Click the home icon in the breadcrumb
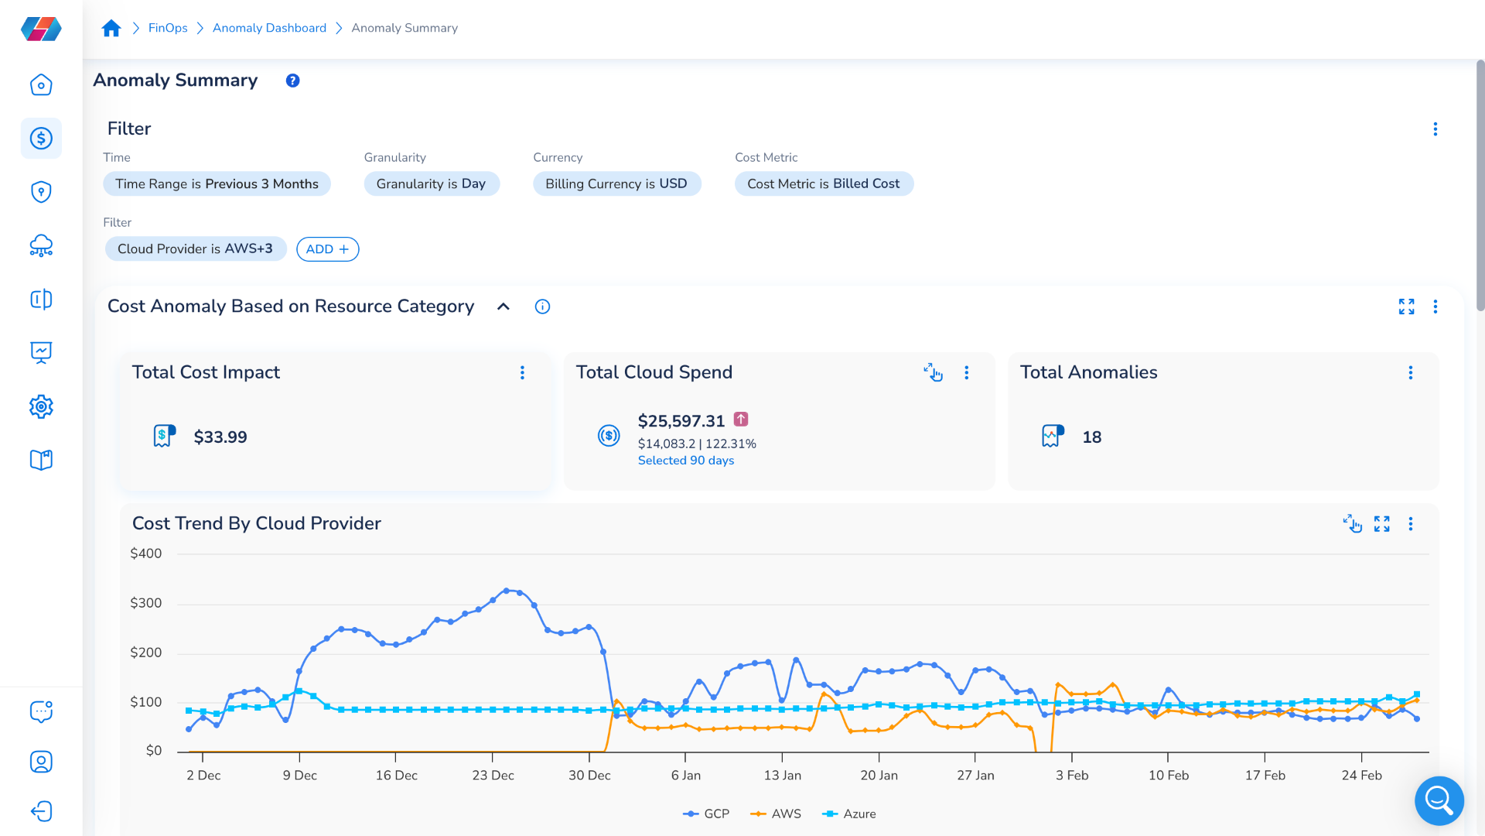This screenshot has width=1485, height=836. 111,29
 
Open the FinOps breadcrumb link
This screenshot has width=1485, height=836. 168,28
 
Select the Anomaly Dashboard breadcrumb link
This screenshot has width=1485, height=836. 269,28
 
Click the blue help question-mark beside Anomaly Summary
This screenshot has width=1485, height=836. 292,81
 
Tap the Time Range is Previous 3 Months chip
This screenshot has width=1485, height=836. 217,184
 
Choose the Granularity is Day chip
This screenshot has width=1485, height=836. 431,184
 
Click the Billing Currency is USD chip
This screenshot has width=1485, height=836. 616,184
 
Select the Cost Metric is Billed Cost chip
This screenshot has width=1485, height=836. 823,184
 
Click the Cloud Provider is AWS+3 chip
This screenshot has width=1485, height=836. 195,249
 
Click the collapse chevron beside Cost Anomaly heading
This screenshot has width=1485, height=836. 504,307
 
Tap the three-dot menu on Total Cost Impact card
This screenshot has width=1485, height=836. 522,373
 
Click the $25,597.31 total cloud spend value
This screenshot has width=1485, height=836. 681,421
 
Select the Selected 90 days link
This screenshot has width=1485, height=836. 685,461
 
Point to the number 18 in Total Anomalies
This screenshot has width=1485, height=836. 1091,437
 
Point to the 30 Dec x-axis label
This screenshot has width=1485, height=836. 589,776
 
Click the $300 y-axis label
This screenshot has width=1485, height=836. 145,603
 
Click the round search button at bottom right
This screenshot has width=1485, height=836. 1439,800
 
